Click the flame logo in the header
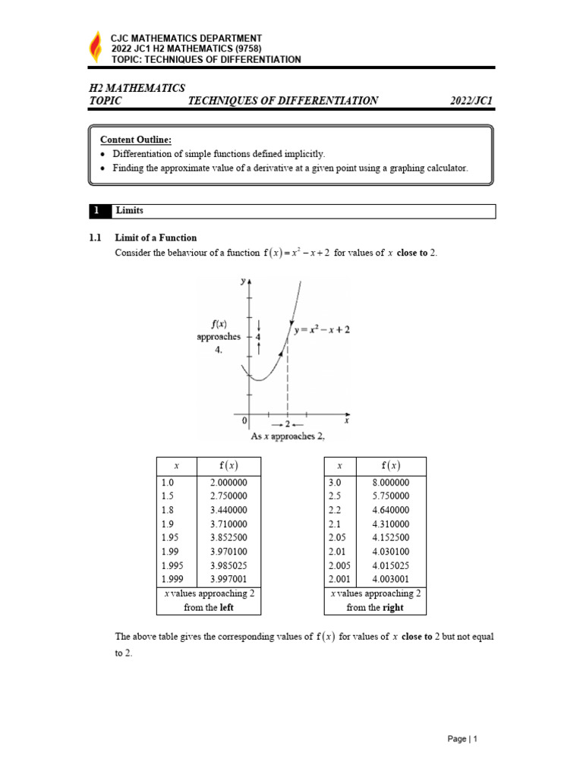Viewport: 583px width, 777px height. click(x=95, y=48)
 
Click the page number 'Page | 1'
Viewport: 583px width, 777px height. click(x=463, y=738)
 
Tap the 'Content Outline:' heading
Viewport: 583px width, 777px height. click(x=136, y=139)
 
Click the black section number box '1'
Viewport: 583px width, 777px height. click(x=97, y=210)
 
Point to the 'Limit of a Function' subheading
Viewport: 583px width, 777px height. click(x=155, y=238)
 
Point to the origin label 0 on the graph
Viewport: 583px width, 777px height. click(x=244, y=420)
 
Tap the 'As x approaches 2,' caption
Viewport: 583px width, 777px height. click(x=288, y=436)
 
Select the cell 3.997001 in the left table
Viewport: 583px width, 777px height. click(x=228, y=579)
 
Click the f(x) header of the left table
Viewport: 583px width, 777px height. click(x=228, y=466)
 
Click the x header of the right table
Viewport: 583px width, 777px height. click(x=339, y=466)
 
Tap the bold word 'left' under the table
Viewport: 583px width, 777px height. click(x=227, y=607)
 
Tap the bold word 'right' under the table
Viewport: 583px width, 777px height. click(x=393, y=607)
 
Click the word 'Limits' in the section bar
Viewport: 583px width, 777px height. click(x=129, y=210)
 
